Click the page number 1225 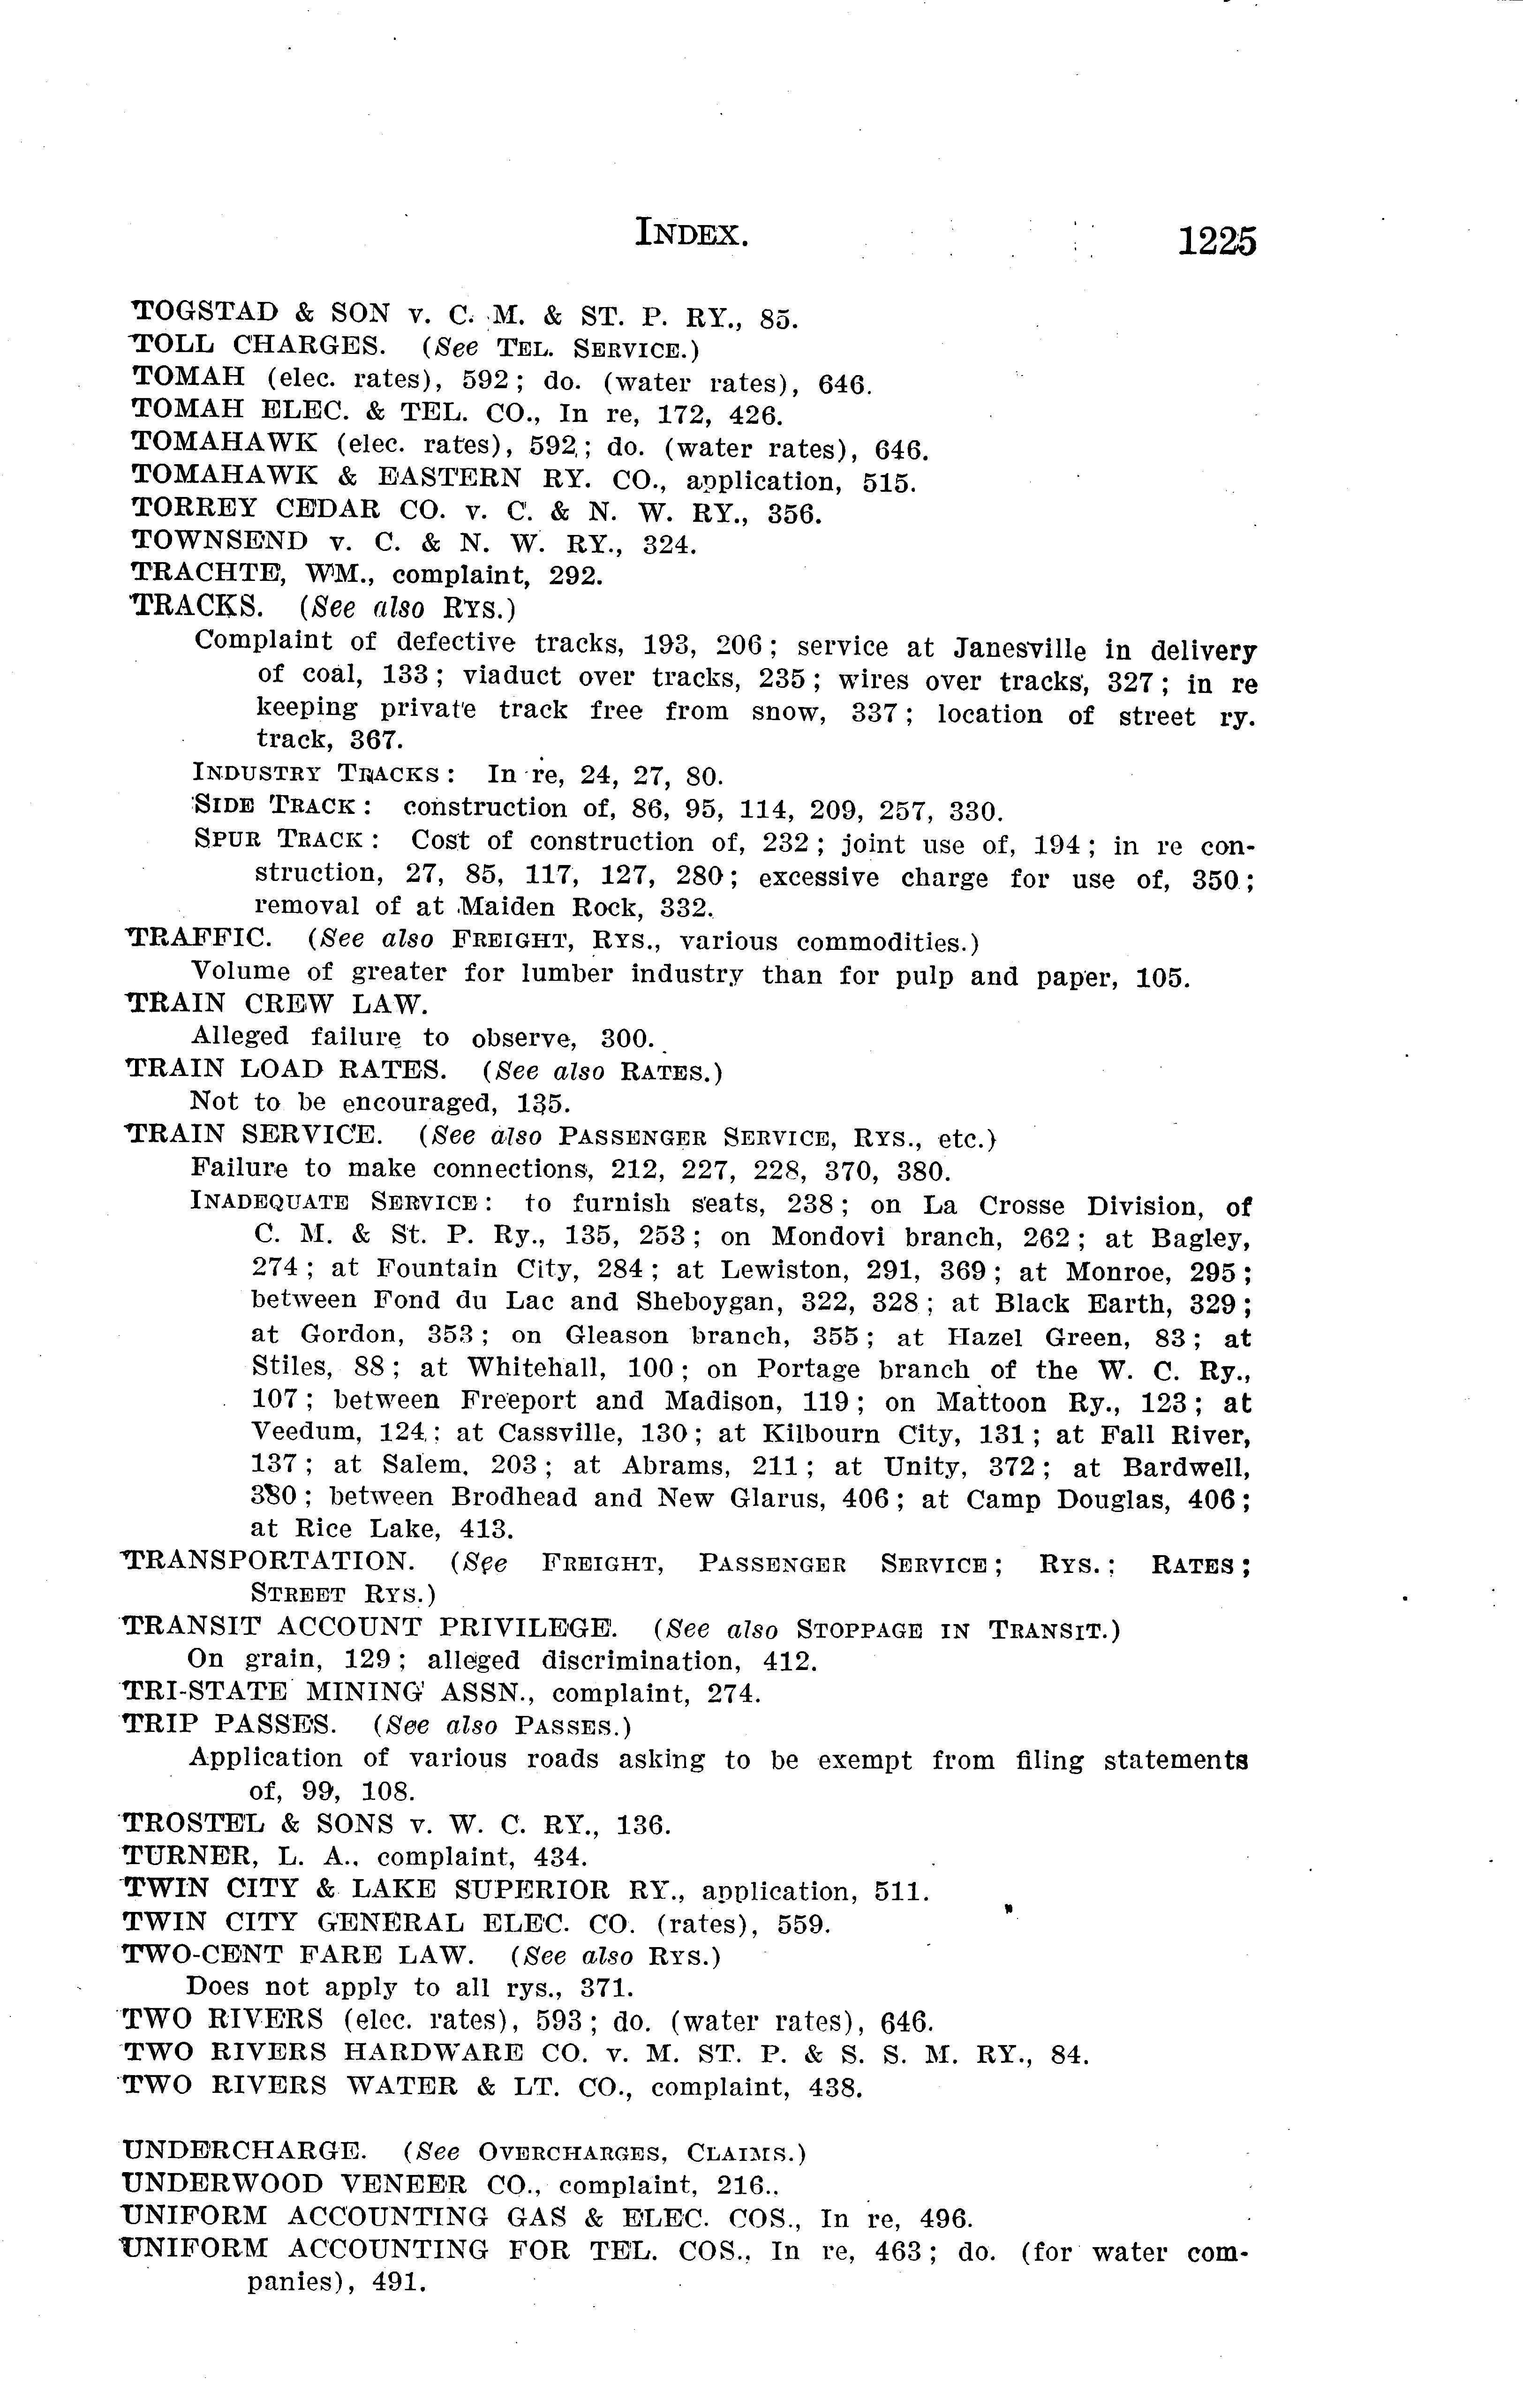1216,241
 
